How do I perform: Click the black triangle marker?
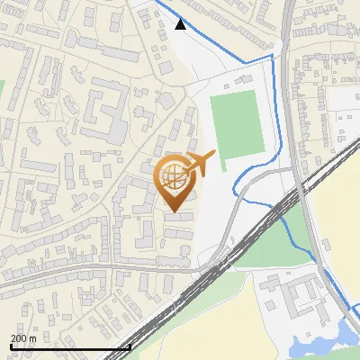pyautogui.click(x=181, y=24)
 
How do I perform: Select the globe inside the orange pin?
pyautogui.click(x=174, y=177)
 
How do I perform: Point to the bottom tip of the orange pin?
pyautogui.click(x=174, y=212)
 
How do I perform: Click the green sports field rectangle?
pyautogui.click(x=238, y=124)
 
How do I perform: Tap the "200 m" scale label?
pyautogui.click(x=23, y=338)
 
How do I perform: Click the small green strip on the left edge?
pyautogui.click(x=2, y=90)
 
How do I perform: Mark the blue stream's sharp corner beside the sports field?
pyautogui.click(x=272, y=57)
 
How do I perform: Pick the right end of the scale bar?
pyautogui.click(x=130, y=347)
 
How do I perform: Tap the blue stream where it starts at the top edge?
pyautogui.click(x=155, y=3)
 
